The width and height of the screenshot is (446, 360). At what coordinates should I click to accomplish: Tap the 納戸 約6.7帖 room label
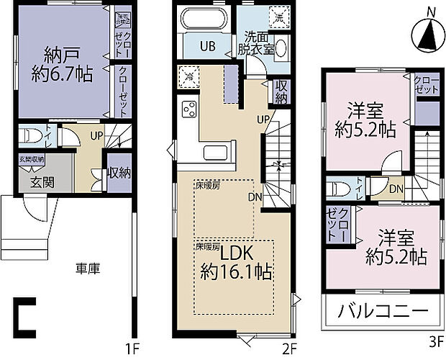61,64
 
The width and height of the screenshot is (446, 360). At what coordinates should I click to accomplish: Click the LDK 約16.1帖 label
235,263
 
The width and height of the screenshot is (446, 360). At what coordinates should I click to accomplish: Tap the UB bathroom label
207,45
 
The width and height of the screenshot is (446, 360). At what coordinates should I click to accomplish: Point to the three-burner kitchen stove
190,109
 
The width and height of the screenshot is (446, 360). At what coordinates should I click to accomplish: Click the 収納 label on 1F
119,174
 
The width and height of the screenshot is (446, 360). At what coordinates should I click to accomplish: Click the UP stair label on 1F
95,135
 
